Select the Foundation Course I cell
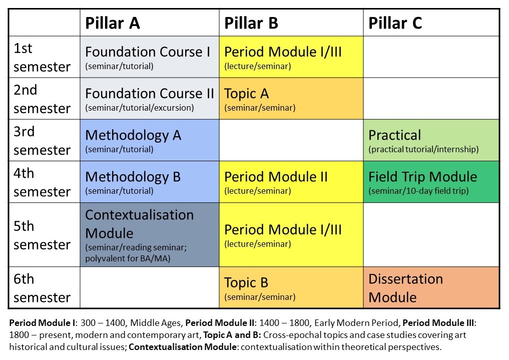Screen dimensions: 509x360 pos(149,57)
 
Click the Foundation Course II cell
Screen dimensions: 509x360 pos(149,98)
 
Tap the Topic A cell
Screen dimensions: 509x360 pos(291,98)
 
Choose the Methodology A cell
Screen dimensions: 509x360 pos(149,140)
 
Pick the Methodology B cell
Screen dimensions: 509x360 pos(149,182)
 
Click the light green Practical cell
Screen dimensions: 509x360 pos(431,140)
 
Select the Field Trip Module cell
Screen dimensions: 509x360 pos(431,182)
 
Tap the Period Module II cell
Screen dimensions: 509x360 pos(291,182)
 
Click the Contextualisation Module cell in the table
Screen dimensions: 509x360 pos(149,235)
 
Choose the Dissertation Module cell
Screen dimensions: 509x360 pos(431,287)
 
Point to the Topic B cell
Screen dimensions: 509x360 pos(291,287)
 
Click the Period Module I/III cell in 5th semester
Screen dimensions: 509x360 pos(291,235)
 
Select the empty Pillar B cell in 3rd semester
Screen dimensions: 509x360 pos(291,140)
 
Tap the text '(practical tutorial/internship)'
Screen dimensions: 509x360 pos(423,149)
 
